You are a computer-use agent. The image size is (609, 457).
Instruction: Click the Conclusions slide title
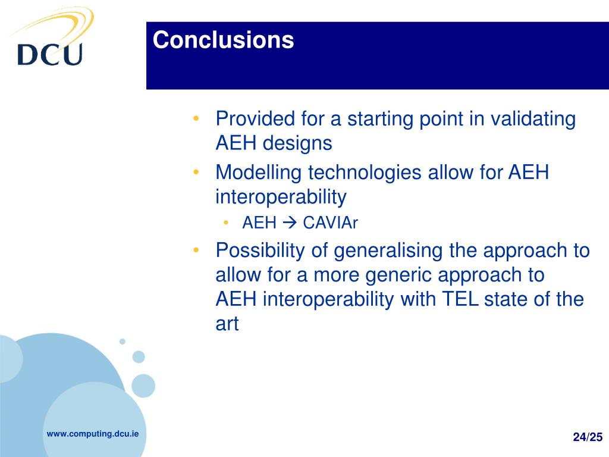point(224,40)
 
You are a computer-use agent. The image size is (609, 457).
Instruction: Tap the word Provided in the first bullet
point(255,118)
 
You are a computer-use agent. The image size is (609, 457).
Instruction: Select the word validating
point(533,119)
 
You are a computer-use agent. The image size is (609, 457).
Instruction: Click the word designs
point(297,143)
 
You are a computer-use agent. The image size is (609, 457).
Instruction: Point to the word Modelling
point(258,172)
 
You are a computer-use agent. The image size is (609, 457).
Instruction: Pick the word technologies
point(365,172)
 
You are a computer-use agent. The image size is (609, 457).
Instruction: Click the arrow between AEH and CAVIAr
point(290,223)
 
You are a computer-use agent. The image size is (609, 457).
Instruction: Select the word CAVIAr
point(330,223)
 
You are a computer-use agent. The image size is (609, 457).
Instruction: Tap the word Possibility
point(260,251)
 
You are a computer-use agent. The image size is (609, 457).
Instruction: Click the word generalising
point(388,251)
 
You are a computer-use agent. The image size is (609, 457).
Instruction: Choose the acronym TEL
point(460,299)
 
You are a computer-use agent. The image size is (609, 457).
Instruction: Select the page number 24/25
point(588,437)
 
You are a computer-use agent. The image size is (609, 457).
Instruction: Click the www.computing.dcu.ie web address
point(92,434)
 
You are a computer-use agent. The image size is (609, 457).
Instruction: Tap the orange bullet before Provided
point(196,118)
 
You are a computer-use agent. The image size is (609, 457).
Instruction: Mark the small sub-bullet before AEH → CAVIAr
point(225,223)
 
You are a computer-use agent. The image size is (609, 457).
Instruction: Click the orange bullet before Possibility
point(196,250)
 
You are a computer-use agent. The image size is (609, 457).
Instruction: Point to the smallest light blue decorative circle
point(123,342)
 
